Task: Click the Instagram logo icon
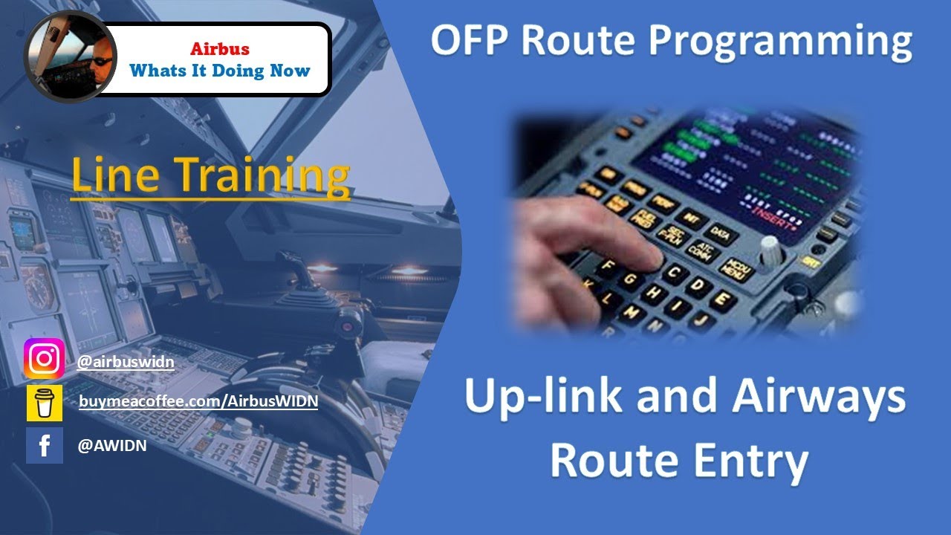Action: pos(44,359)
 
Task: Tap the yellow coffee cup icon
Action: pos(44,403)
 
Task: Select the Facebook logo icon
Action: pos(44,445)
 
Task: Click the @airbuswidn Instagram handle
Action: pos(126,362)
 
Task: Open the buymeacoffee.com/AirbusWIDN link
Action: pos(198,401)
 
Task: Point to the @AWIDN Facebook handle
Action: pos(111,445)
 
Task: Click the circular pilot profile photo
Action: pos(70,56)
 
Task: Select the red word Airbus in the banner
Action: pos(219,50)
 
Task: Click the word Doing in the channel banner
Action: pos(234,71)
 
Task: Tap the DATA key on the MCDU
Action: pos(721,236)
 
